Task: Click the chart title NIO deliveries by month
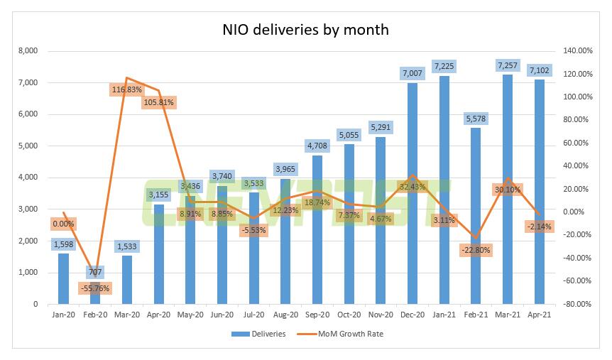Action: click(x=307, y=31)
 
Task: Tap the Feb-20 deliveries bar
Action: click(x=95, y=295)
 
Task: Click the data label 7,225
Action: click(x=443, y=67)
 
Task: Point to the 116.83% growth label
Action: click(x=127, y=89)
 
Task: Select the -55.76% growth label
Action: click(x=95, y=289)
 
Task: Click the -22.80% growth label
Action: click(x=475, y=250)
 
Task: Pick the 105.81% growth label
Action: click(x=158, y=102)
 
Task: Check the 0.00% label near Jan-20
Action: click(x=63, y=224)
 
